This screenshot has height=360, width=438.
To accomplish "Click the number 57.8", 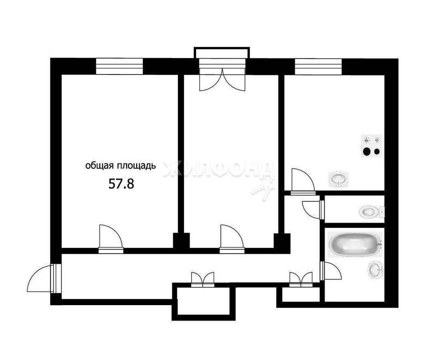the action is (x=121, y=184).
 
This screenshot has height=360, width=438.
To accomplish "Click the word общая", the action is (x=99, y=166).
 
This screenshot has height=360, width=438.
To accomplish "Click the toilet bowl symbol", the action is (x=371, y=211).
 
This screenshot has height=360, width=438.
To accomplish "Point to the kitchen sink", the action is (x=339, y=179).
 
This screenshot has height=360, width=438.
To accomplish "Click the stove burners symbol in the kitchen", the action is (x=371, y=146).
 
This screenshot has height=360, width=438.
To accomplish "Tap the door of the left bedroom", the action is (x=111, y=239).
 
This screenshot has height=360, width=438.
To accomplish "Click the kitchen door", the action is (x=303, y=181).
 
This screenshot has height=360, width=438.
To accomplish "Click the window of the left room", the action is (x=119, y=67).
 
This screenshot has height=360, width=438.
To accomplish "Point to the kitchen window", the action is (x=319, y=67).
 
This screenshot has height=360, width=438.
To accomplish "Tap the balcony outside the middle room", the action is (x=222, y=53).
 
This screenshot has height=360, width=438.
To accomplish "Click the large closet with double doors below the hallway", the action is (x=204, y=301).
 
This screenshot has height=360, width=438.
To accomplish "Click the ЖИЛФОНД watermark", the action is (x=218, y=169).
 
